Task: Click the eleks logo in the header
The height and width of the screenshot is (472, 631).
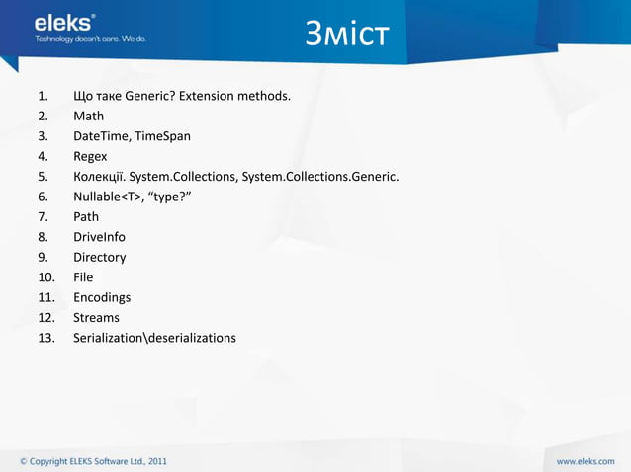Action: pos(65,22)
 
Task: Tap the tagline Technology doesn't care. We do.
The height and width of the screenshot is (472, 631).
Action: pos(90,39)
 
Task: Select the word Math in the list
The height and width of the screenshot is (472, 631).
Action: pos(88,116)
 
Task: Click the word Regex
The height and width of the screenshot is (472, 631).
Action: pos(90,156)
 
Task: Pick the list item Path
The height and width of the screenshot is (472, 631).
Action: pos(86,216)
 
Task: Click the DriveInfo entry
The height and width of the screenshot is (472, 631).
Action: pos(99,237)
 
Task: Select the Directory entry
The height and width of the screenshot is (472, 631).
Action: pos(99,257)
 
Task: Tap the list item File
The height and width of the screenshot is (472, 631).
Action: pos(83,277)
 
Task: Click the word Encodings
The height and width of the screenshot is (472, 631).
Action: pos(102,297)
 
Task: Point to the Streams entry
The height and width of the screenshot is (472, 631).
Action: pos(96,317)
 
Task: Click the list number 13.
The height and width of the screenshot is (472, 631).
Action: pos(44,338)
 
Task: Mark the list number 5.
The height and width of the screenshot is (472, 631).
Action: pos(42,176)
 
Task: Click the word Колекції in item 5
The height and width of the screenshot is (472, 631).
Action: pos(98,176)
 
